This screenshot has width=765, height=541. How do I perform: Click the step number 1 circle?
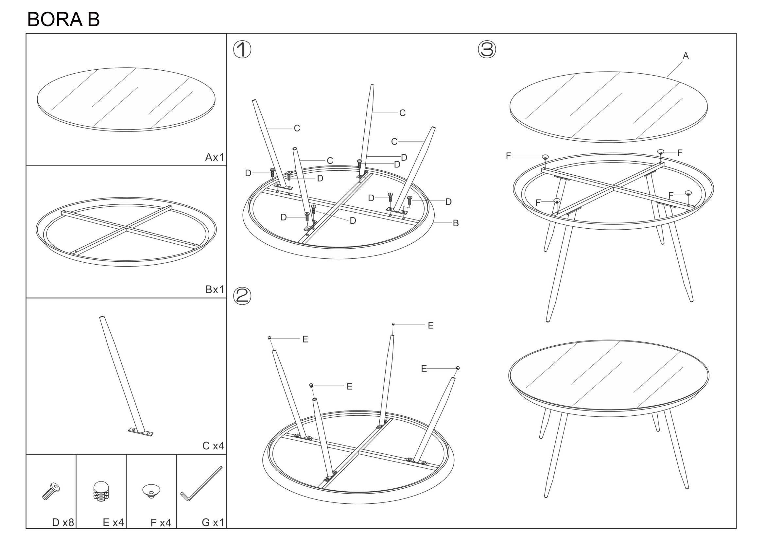pos(242,50)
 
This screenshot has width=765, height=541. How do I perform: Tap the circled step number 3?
pos(487,49)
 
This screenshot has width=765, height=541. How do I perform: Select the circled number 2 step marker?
pos(242,296)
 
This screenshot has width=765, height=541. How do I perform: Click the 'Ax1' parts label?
pos(214,157)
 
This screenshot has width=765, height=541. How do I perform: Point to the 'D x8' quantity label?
pos(63,522)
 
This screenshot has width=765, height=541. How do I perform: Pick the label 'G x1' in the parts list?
pos(213,522)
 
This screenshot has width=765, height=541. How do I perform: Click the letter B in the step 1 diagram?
pos(456,223)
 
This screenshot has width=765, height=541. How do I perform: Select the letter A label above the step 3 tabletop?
pos(686,56)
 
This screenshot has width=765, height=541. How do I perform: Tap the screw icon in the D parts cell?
pos(51,491)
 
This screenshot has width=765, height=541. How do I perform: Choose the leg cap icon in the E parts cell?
pos(101,491)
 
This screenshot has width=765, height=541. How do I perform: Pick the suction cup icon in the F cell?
pos(151,491)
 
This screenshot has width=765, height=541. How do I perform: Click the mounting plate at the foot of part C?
pos(141,432)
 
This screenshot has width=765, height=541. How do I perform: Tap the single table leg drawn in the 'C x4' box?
pos(123,375)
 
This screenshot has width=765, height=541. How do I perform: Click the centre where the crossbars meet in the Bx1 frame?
pos(126,228)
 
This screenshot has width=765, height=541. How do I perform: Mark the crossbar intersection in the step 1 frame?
pos(339,206)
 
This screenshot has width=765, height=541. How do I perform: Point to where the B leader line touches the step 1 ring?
pos(434,222)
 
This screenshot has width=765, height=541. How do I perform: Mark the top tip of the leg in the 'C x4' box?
pos(102,317)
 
